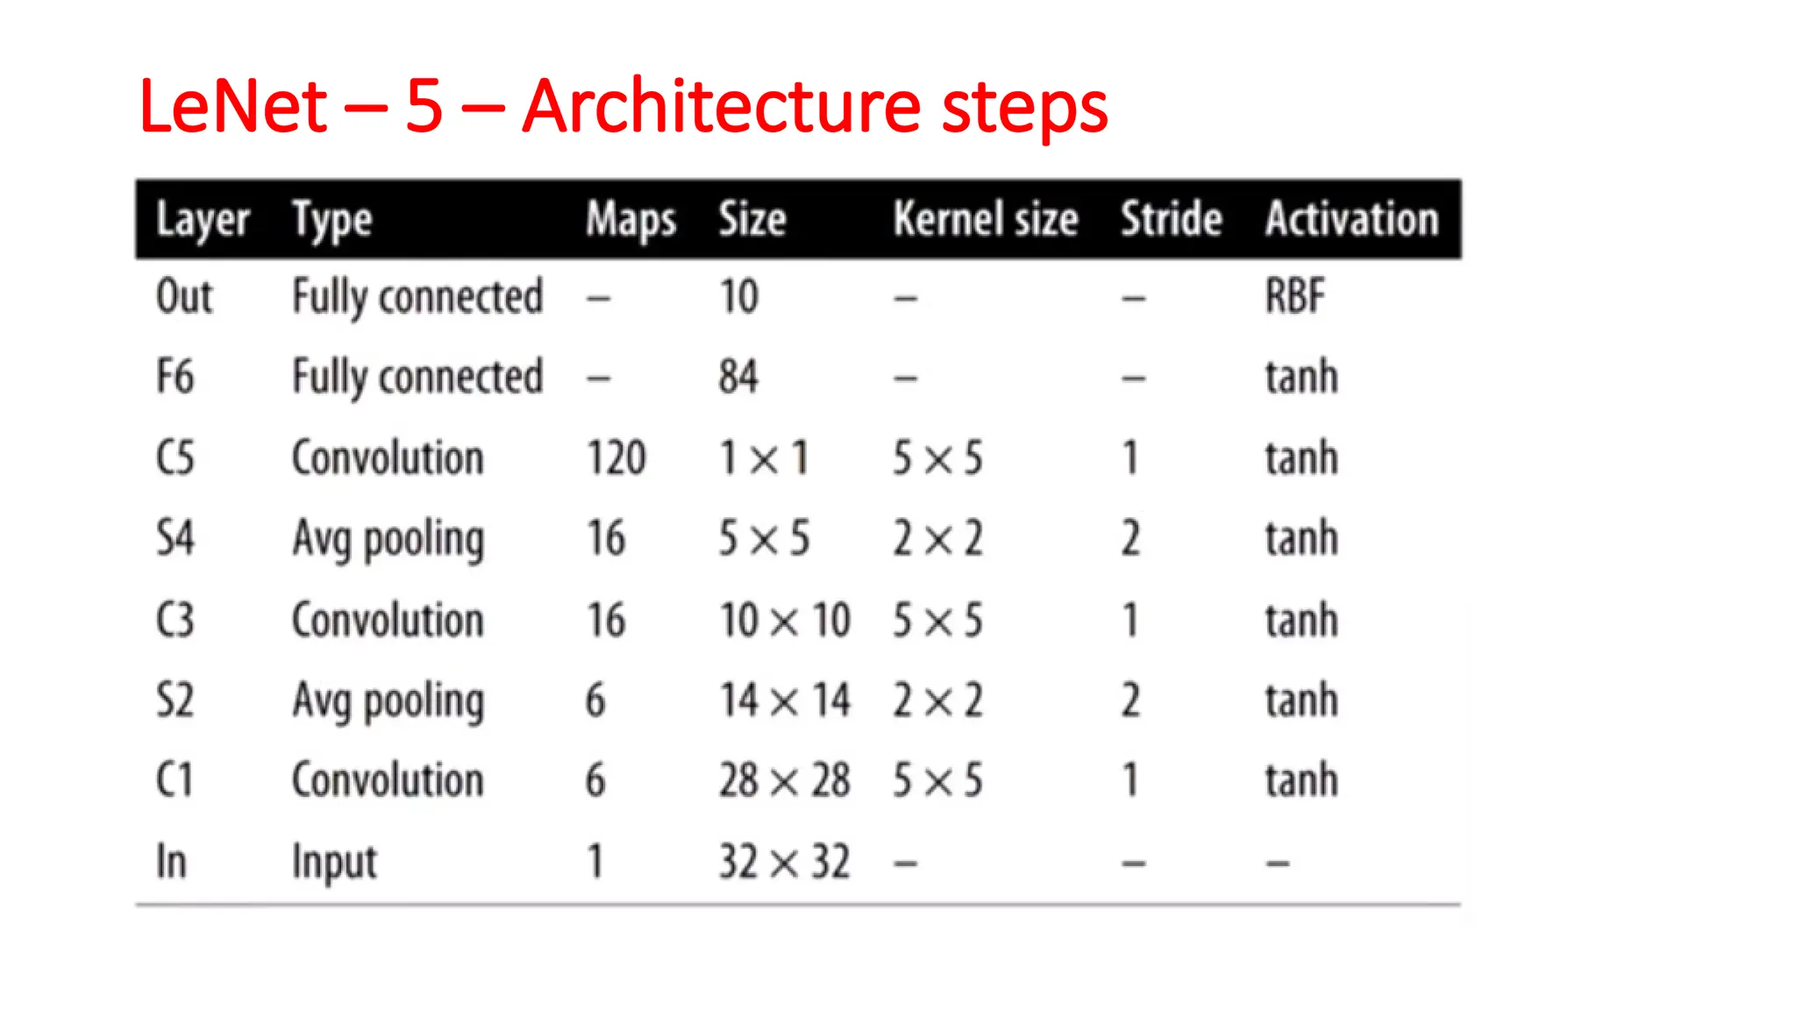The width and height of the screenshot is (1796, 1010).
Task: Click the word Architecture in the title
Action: click(x=720, y=107)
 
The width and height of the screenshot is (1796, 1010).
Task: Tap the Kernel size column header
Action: click(x=985, y=218)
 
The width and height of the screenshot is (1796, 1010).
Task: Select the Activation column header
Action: click(x=1351, y=218)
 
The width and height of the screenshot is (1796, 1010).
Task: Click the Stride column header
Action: click(x=1171, y=218)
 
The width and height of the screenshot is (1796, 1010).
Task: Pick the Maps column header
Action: click(x=631, y=218)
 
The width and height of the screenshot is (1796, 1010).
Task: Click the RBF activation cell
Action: click(x=1294, y=296)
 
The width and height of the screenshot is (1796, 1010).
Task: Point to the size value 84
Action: click(x=738, y=377)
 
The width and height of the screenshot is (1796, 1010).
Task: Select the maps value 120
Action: click(x=616, y=458)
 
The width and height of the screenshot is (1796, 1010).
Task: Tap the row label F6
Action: click(x=175, y=377)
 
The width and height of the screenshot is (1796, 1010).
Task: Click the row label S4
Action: click(x=175, y=538)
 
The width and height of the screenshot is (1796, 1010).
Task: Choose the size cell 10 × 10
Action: click(x=784, y=620)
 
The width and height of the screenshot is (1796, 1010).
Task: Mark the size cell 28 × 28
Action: click(x=784, y=780)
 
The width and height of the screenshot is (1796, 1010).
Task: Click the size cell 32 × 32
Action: click(x=784, y=861)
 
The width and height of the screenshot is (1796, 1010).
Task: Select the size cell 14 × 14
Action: click(x=784, y=701)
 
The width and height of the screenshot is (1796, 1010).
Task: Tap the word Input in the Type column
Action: click(x=334, y=863)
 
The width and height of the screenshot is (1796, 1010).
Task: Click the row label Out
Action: click(x=184, y=296)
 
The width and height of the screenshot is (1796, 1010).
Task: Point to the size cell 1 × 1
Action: click(x=763, y=458)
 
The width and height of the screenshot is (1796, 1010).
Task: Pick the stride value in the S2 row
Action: click(x=1130, y=701)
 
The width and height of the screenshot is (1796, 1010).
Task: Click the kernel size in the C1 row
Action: click(x=937, y=780)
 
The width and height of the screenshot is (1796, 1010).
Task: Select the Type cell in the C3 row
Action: click(x=388, y=620)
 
